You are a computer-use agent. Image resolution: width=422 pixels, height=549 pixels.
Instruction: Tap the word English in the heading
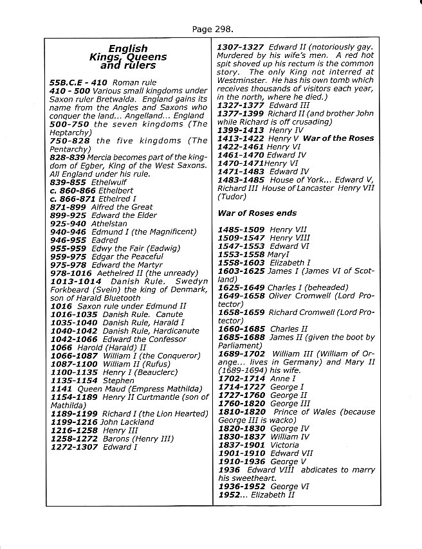[128, 48]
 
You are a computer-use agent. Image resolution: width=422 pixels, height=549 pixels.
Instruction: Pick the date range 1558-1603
[241, 262]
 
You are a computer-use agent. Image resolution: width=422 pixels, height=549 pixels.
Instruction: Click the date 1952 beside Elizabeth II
[229, 495]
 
